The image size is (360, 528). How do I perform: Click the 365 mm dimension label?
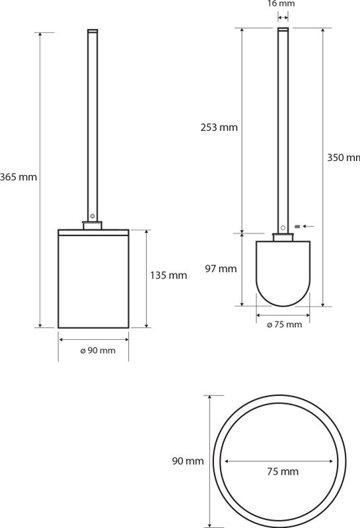pos(18,177)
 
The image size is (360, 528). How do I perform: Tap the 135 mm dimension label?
pos(168,275)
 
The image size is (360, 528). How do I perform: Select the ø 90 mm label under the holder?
pos(98,350)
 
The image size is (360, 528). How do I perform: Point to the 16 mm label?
pos(281,4)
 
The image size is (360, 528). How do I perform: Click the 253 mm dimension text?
pos(219,127)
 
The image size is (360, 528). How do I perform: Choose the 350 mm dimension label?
pos(343,158)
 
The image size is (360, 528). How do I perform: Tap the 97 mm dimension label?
pos(221,269)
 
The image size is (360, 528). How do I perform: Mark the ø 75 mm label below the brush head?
pos(284,325)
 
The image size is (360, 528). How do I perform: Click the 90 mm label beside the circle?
pos(188,461)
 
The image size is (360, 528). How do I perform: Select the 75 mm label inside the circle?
pos(283,471)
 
